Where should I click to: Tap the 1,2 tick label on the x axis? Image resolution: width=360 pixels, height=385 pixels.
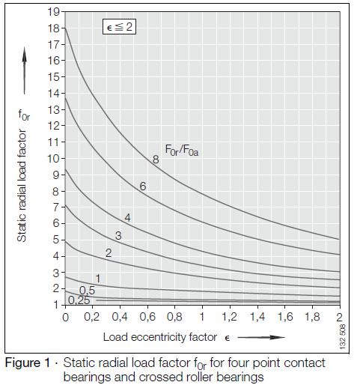pyautogui.click(x=229, y=317)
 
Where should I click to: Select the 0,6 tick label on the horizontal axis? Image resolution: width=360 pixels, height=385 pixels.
pyautogui.click(x=147, y=317)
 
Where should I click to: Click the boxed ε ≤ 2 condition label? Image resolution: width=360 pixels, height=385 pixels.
pyautogui.click(x=120, y=28)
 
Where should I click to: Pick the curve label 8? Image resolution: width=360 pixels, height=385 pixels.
pyautogui.click(x=156, y=159)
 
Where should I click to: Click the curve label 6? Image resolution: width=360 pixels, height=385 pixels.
pyautogui.click(x=142, y=186)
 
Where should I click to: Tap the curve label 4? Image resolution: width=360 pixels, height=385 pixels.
pyautogui.click(x=128, y=218)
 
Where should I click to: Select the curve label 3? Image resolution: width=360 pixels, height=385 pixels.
pyautogui.click(x=118, y=235)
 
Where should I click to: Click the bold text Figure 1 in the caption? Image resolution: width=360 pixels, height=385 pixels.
pyautogui.click(x=30, y=363)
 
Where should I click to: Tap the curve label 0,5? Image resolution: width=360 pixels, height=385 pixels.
pyautogui.click(x=88, y=291)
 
